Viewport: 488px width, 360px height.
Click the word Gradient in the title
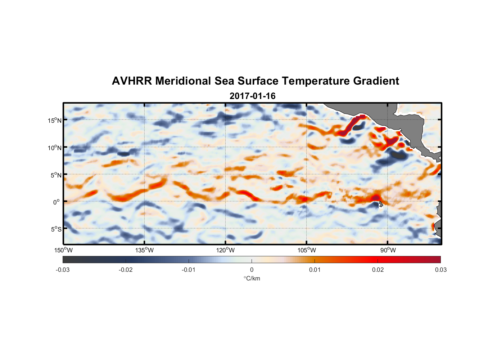376,81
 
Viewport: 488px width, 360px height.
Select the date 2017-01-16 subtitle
252,96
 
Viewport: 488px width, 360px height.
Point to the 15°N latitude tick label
55,120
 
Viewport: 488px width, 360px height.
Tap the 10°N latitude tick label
55,148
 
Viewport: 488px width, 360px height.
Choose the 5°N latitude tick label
56,175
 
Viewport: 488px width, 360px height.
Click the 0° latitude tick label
57,202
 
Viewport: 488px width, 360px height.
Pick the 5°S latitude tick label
56,229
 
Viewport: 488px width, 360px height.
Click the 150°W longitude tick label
63,250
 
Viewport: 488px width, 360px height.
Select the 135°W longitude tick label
144,250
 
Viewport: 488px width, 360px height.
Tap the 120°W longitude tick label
225,250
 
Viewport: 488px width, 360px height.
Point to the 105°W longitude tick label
307,250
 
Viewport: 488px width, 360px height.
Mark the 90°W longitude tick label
388,250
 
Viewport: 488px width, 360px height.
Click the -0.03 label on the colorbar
63,270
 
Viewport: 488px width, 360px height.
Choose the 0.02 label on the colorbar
378,270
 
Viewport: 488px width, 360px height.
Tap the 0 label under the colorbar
252,270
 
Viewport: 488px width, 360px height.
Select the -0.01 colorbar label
189,270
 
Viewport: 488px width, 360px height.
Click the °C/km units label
252,278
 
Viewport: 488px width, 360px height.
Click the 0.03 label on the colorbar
440,270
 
